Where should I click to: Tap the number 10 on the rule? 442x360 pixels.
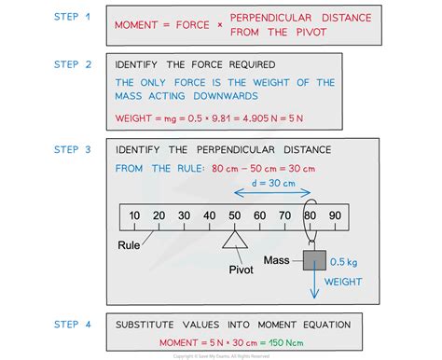point(134,215)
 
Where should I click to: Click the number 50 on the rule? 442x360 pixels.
point(234,215)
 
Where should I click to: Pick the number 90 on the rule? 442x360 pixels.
point(335,215)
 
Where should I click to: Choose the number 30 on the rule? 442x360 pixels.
point(184,215)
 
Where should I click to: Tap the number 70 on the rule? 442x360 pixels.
point(284,215)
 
